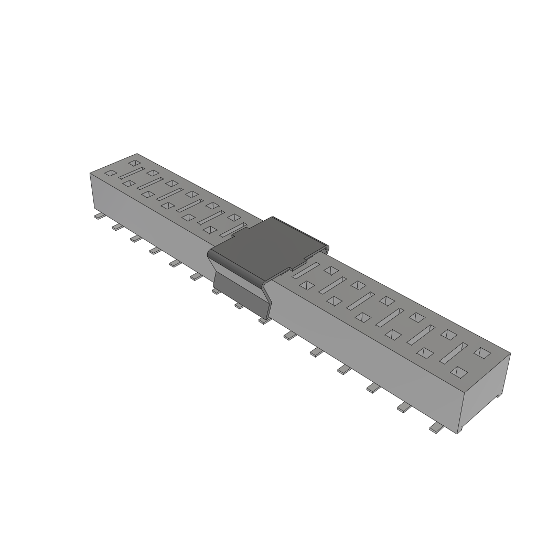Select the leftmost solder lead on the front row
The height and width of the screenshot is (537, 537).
(x=99, y=216)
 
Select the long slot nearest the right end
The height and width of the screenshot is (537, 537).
(x=454, y=352)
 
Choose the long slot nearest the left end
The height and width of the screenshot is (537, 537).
(x=132, y=173)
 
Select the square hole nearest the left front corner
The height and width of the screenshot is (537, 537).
(x=110, y=173)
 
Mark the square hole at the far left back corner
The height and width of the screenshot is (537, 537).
(x=134, y=163)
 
